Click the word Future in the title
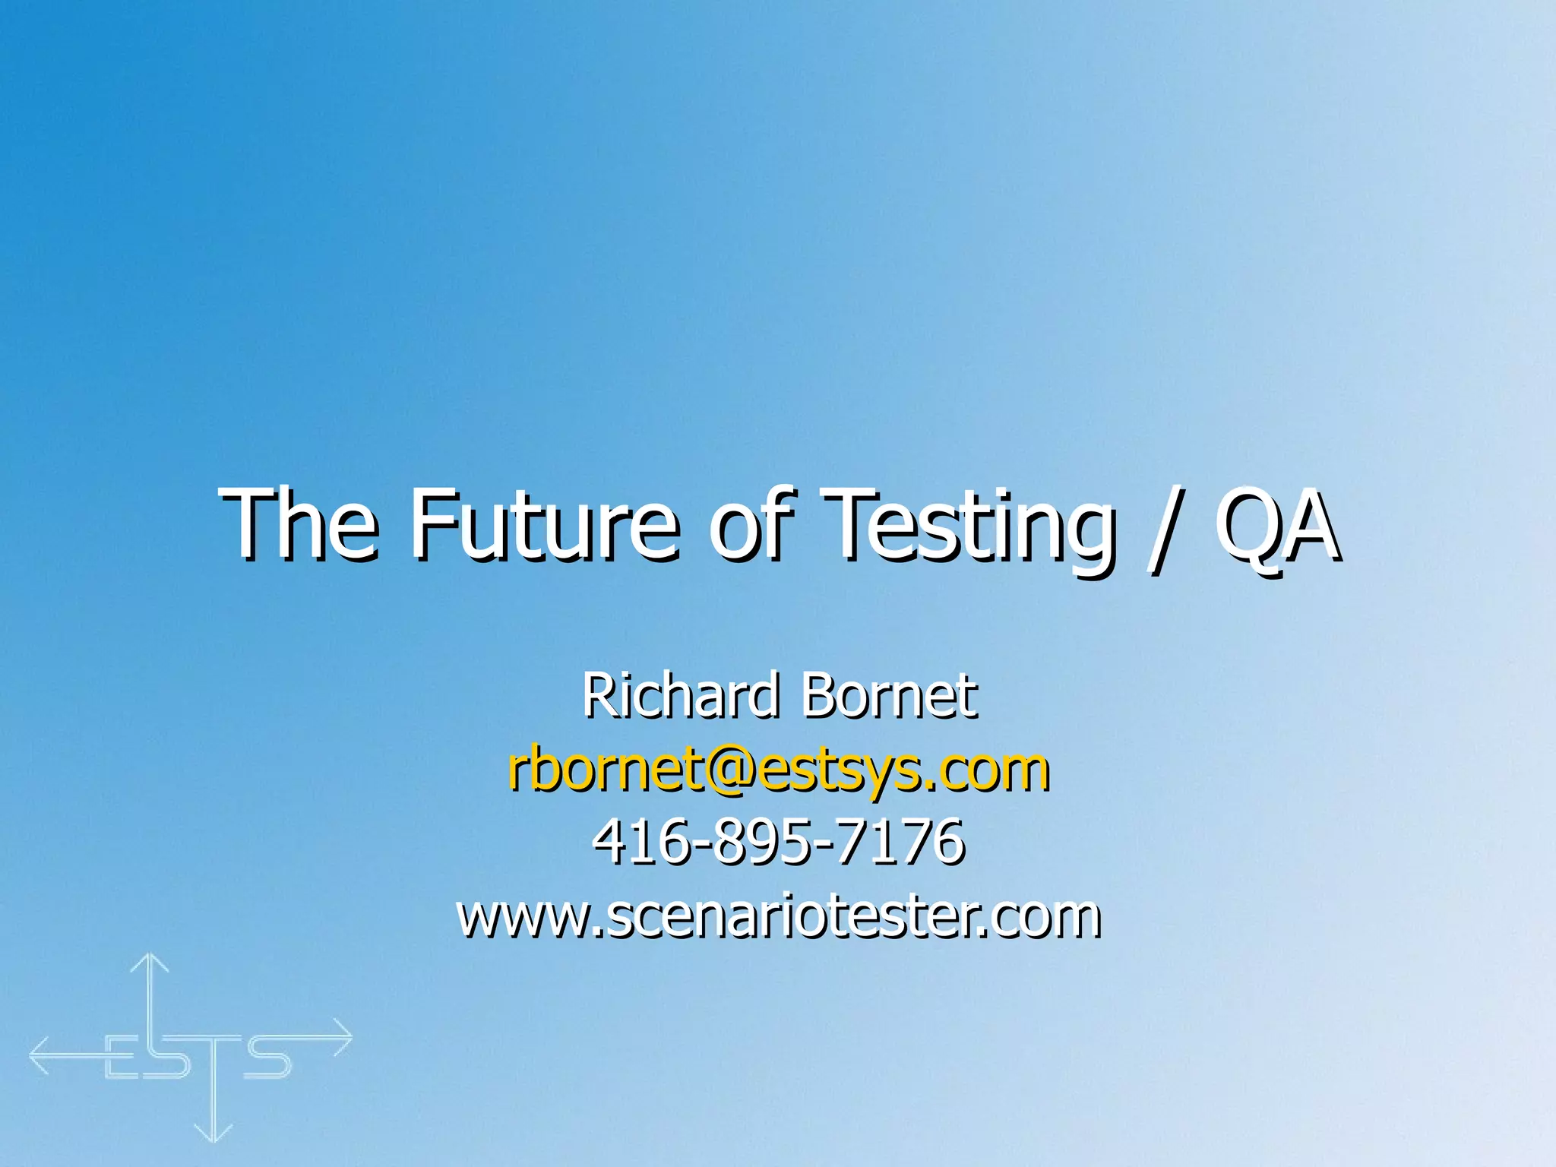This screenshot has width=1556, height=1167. (x=544, y=524)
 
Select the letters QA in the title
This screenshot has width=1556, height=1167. (x=1276, y=524)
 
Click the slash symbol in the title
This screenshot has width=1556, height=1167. (x=1162, y=528)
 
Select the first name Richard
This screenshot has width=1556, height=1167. (x=681, y=696)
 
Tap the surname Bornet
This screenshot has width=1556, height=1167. (x=889, y=696)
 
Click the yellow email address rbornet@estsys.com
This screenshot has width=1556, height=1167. (x=778, y=770)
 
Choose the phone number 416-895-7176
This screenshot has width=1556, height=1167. (x=778, y=842)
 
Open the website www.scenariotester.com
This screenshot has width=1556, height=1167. (x=778, y=916)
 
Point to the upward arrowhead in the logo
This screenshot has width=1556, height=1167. (x=150, y=963)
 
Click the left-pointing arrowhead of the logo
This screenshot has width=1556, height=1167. (x=40, y=1055)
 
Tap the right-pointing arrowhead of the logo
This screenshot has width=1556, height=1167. (x=343, y=1037)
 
